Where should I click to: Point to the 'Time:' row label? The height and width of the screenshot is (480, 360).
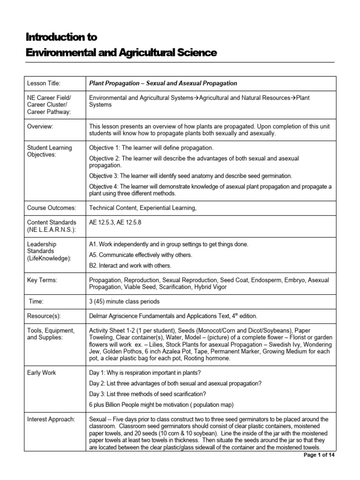tap(37, 302)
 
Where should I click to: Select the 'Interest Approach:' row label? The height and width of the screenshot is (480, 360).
tap(51, 419)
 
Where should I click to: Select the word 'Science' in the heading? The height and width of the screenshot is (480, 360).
tap(196, 53)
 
